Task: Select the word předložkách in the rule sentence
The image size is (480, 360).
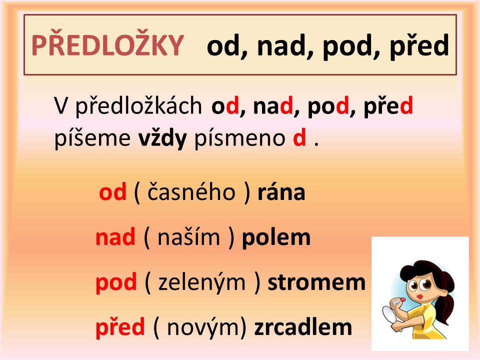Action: point(138,106)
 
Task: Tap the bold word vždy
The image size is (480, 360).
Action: point(162,138)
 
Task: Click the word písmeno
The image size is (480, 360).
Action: point(240,138)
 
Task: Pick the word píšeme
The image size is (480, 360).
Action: point(92,138)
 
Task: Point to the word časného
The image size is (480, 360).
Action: point(191,191)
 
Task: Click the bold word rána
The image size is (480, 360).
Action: point(281,192)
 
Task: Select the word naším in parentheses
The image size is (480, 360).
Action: point(188,237)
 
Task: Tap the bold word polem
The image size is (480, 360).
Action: point(276,237)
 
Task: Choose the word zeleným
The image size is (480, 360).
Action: point(202,282)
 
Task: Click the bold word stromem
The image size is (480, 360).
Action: point(316,282)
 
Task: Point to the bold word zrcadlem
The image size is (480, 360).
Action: point(303,327)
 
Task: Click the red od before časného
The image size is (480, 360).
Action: point(112,191)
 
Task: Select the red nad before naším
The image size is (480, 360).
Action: point(115,237)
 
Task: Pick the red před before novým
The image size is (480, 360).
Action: point(120,327)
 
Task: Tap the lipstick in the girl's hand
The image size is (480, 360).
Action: point(398,301)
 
